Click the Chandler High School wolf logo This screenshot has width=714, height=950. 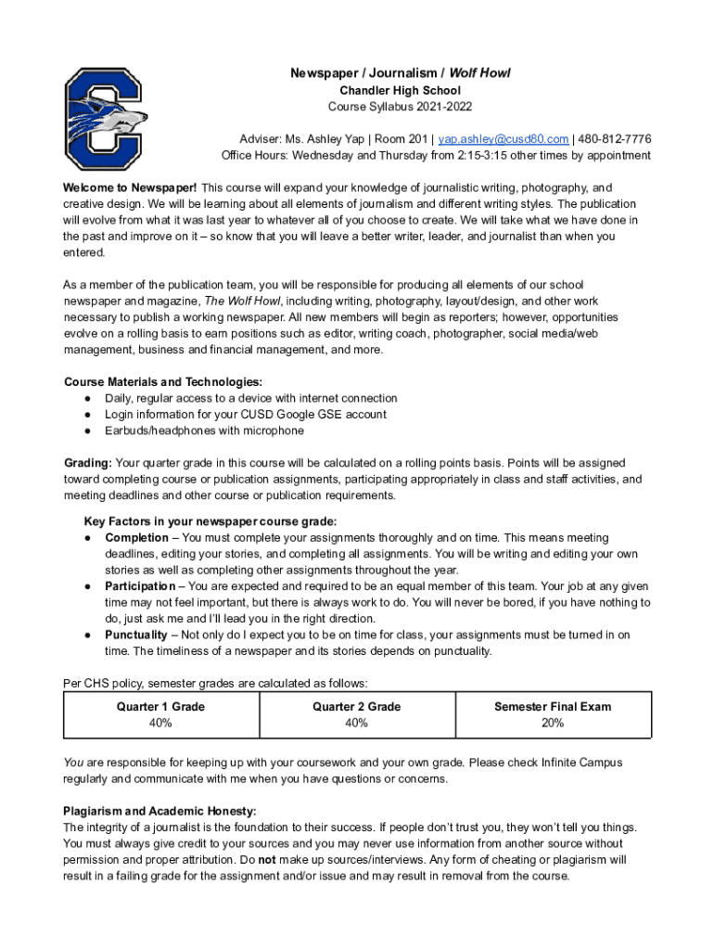pyautogui.click(x=104, y=118)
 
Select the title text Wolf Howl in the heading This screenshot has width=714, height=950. pyautogui.click(x=479, y=73)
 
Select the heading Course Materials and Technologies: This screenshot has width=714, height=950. pyautogui.click(x=162, y=382)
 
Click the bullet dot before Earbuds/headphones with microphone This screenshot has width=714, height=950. pyautogui.click(x=86, y=431)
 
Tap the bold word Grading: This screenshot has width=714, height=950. pyautogui.click(x=88, y=463)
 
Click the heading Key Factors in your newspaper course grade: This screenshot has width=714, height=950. pyautogui.click(x=210, y=521)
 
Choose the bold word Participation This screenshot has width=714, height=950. pyautogui.click(x=139, y=586)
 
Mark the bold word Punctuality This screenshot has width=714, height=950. pyautogui.click(x=135, y=635)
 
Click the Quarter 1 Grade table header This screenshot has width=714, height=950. pyautogui.click(x=161, y=707)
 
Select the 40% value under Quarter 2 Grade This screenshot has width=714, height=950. pyautogui.click(x=356, y=724)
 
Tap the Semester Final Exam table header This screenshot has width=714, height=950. pyautogui.click(x=552, y=707)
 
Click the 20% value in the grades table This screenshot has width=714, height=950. pyautogui.click(x=552, y=724)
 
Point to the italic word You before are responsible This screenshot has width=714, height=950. pyautogui.click(x=72, y=763)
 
